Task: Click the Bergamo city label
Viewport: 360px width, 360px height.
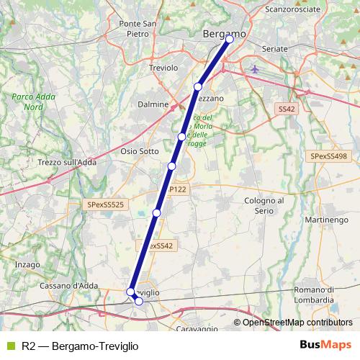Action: [224, 33]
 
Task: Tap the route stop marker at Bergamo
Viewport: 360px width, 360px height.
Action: [230, 40]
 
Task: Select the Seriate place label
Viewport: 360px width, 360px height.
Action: [276, 48]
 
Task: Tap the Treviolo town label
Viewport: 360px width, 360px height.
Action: [163, 68]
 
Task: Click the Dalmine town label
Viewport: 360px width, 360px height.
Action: [153, 104]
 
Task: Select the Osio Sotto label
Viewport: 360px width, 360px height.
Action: [139, 151]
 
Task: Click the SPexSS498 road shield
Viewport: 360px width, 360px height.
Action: [328, 156]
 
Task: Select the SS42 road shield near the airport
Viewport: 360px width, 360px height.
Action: [287, 109]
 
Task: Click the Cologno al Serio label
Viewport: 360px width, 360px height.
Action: [265, 205]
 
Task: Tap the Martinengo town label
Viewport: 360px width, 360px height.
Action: [321, 218]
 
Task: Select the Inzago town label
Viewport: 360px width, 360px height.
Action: [27, 264]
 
